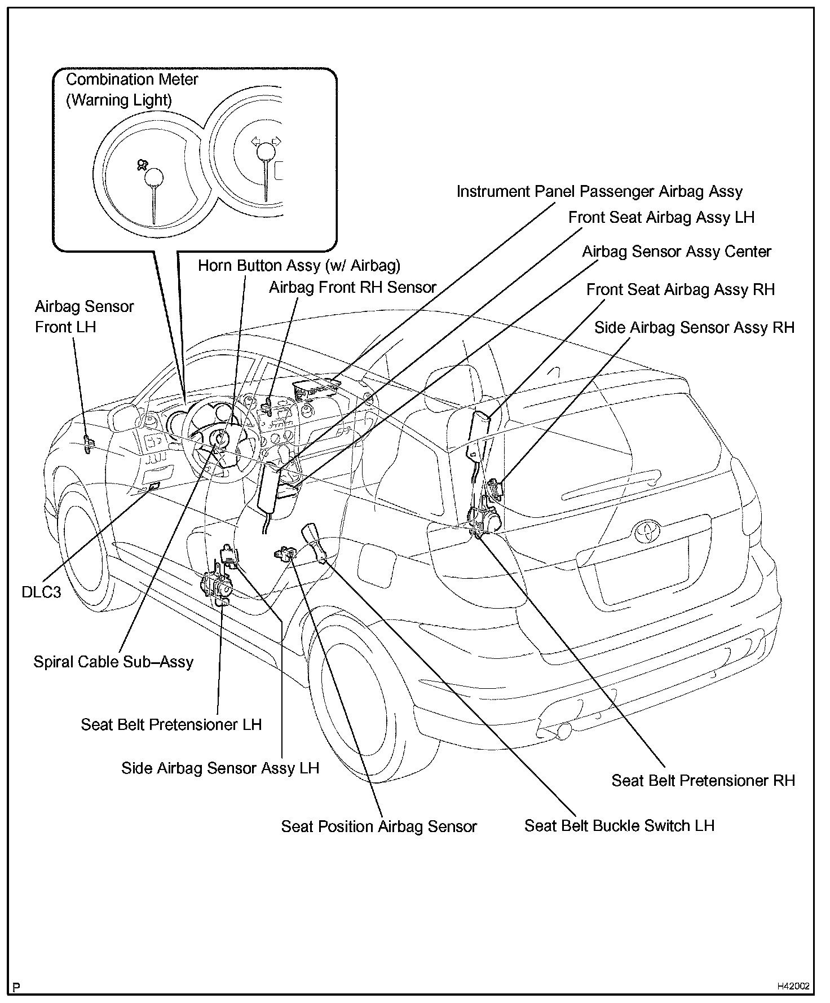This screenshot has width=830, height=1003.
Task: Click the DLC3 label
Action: click(41, 592)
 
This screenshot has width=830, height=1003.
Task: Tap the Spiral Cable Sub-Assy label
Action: click(113, 662)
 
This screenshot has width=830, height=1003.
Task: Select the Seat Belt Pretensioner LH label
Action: click(171, 725)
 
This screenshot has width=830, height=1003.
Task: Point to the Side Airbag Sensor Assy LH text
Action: click(220, 768)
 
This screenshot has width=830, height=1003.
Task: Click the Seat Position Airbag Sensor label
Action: click(379, 827)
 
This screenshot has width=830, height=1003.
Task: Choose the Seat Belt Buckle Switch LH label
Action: click(619, 826)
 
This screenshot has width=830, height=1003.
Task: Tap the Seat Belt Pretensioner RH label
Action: click(703, 781)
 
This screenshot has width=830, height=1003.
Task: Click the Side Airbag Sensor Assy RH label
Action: click(694, 328)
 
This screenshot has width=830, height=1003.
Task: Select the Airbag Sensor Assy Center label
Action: click(677, 252)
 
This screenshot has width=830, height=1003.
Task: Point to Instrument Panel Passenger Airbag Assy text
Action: click(599, 192)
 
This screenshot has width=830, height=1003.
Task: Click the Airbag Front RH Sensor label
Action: click(352, 288)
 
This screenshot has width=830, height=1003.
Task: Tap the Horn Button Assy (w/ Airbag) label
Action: click(299, 266)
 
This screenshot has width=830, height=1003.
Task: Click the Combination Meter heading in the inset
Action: click(132, 80)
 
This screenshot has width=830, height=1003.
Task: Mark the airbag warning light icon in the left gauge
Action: click(142, 165)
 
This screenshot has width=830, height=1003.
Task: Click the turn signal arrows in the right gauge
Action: click(266, 141)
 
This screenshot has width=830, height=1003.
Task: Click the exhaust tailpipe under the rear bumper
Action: click(562, 731)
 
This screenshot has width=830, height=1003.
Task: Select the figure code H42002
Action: click(793, 987)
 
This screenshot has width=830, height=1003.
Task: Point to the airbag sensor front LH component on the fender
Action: click(88, 444)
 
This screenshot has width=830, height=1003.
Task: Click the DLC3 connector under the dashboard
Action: click(153, 486)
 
